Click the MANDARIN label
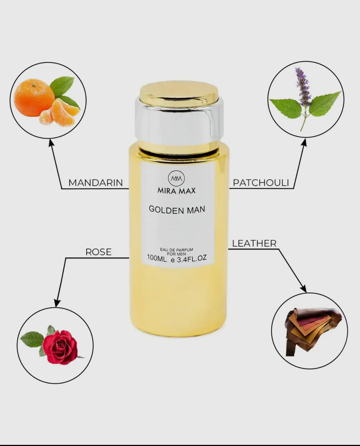(95, 183)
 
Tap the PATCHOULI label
(261, 183)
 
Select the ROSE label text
(98, 252)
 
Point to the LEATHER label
(254, 243)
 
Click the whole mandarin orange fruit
(34, 97)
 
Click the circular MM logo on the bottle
(176, 178)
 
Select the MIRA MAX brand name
(176, 191)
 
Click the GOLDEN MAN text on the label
(177, 210)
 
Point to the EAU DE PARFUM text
(176, 250)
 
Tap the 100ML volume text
(157, 258)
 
